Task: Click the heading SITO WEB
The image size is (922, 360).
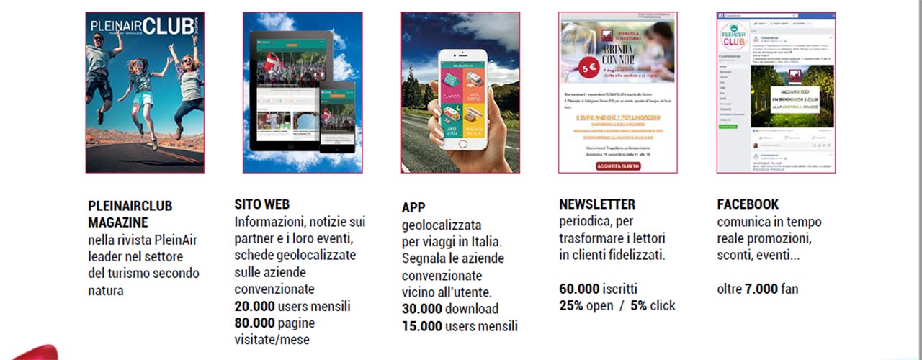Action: click(262, 204)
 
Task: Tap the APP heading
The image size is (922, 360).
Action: click(413, 208)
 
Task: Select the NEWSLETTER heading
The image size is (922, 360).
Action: click(597, 204)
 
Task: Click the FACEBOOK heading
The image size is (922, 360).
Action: click(748, 204)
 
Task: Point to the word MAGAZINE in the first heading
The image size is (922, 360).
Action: click(118, 222)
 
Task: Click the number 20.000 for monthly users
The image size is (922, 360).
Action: click(254, 306)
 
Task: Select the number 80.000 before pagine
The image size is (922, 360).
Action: click(254, 323)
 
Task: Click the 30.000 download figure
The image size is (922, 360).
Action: click(422, 309)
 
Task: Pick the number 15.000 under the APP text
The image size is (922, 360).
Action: click(422, 326)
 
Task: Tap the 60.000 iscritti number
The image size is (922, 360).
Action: click(579, 289)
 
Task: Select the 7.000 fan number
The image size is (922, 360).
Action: click(761, 289)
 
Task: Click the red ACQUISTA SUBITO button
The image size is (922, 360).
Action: click(617, 166)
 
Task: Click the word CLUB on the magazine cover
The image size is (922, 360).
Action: click(167, 27)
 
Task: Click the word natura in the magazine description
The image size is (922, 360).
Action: click(106, 291)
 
